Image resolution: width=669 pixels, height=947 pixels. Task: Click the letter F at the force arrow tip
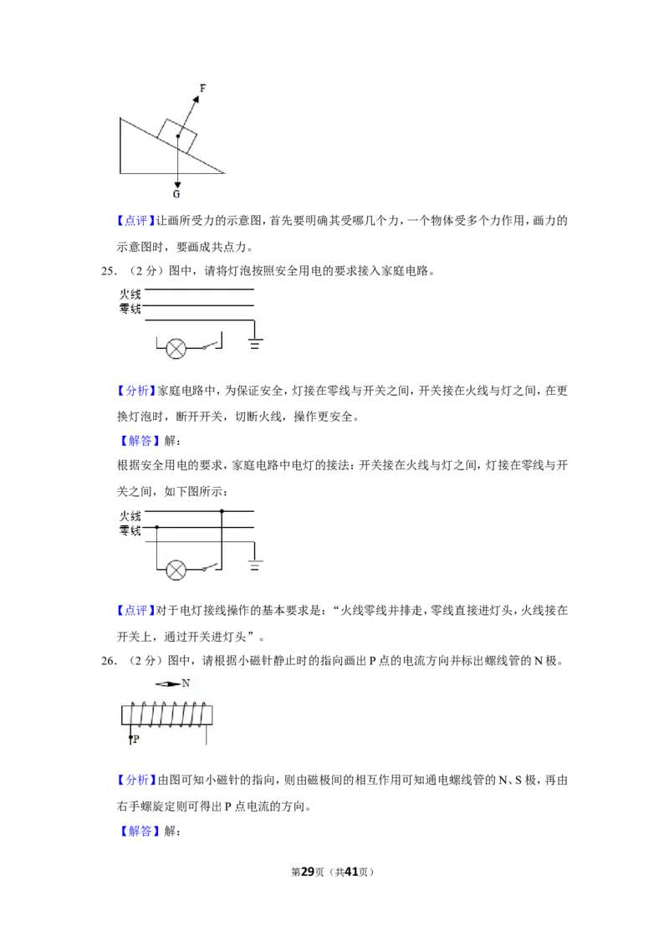(203, 88)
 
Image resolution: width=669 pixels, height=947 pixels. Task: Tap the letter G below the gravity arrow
(177, 194)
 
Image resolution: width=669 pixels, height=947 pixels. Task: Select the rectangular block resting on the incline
(177, 136)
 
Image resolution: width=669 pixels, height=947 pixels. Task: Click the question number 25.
(109, 271)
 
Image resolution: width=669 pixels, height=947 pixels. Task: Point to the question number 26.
(109, 661)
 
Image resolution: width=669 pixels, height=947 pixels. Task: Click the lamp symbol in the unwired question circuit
(176, 349)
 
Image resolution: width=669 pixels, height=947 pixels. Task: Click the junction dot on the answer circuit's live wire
(222, 511)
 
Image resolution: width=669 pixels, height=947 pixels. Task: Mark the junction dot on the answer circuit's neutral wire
(157, 527)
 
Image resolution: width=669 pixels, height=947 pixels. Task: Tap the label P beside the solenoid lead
(135, 739)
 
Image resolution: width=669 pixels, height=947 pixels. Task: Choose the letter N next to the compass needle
(186, 683)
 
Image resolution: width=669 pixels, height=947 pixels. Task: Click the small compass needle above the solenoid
(168, 683)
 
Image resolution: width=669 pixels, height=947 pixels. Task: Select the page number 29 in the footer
(308, 872)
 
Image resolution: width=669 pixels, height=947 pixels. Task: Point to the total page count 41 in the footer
(351, 872)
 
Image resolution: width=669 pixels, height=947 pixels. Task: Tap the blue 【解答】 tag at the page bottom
(140, 831)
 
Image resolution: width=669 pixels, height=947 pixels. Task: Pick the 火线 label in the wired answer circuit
(130, 516)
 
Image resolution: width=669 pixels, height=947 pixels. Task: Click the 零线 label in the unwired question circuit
(130, 309)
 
